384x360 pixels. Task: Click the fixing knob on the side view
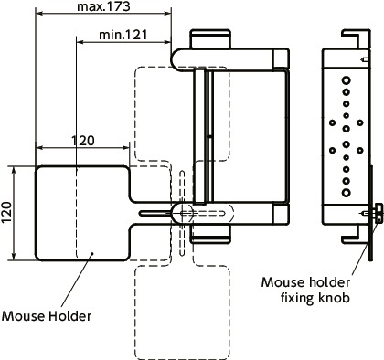(376, 213)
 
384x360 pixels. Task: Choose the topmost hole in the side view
(346, 81)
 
